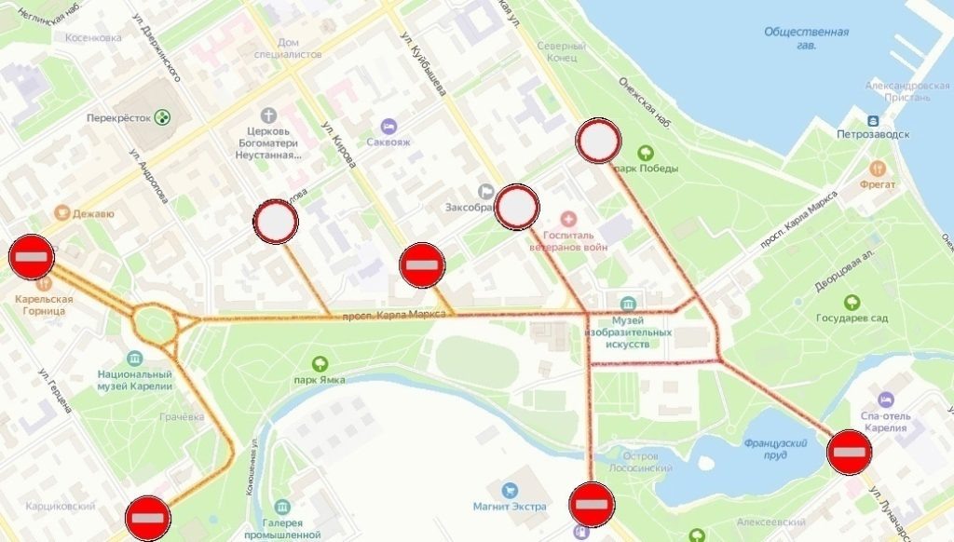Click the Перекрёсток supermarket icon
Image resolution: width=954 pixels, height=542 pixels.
click(164, 117)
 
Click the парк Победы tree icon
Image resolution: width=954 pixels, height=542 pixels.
click(644, 153)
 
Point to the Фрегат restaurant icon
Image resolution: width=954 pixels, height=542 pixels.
click(877, 169)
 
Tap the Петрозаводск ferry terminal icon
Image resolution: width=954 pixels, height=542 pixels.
click(872, 121)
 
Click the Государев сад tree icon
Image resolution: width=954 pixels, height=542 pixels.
click(852, 303)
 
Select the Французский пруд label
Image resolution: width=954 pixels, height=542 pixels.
click(775, 449)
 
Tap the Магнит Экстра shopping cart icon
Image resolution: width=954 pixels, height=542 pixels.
click(509, 490)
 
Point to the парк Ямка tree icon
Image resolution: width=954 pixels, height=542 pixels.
click(320, 364)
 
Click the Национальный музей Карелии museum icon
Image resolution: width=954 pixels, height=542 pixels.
click(135, 359)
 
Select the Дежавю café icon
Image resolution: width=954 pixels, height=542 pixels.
click(62, 212)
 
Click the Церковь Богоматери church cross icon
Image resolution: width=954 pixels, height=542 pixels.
click(269, 116)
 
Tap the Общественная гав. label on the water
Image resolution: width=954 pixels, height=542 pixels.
click(806, 38)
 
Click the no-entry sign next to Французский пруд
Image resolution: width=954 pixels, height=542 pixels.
click(850, 453)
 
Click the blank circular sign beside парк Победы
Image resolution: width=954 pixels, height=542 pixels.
click(599, 142)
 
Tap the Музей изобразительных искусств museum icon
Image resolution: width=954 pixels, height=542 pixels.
click(628, 305)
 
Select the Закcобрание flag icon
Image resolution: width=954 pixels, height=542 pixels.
click(485, 192)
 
